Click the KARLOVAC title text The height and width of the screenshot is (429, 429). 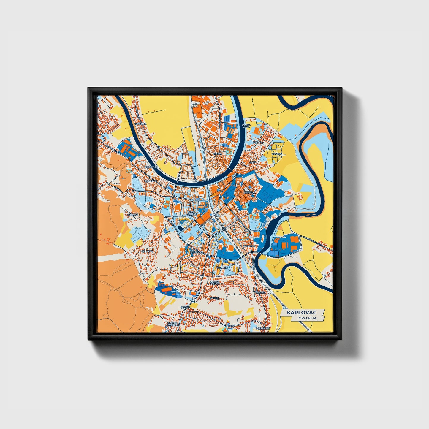coord(302,313)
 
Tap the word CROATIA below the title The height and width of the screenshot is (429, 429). coord(308,318)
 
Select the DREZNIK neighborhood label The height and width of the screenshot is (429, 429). coord(140,123)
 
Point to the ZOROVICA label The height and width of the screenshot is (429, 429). coord(151,167)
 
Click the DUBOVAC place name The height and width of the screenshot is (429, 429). coord(150,181)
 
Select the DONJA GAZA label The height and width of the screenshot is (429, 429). coord(246,126)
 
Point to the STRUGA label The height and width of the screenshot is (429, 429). coord(258,143)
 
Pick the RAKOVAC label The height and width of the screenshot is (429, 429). coord(249,246)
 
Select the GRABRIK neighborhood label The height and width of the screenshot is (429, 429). coord(222,267)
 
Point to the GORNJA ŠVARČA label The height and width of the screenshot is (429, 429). coord(172,324)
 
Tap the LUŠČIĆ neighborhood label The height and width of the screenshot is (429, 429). coord(196,252)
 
